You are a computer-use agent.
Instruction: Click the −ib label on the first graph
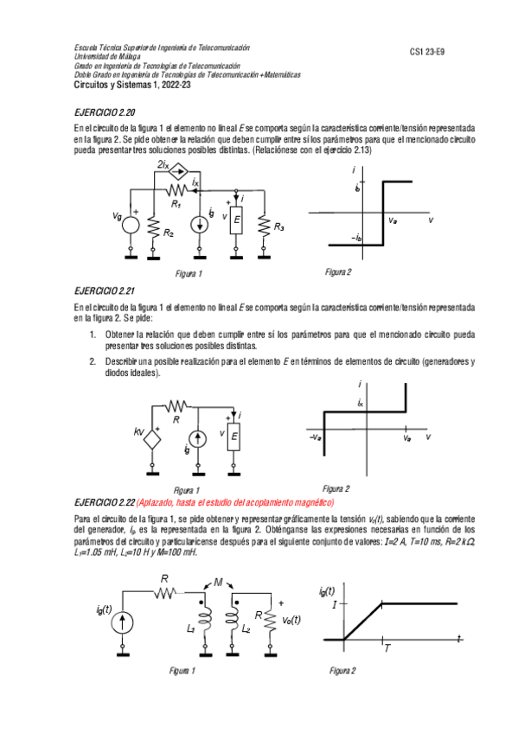point(355,237)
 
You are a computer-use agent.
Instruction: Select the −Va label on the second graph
point(315,439)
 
